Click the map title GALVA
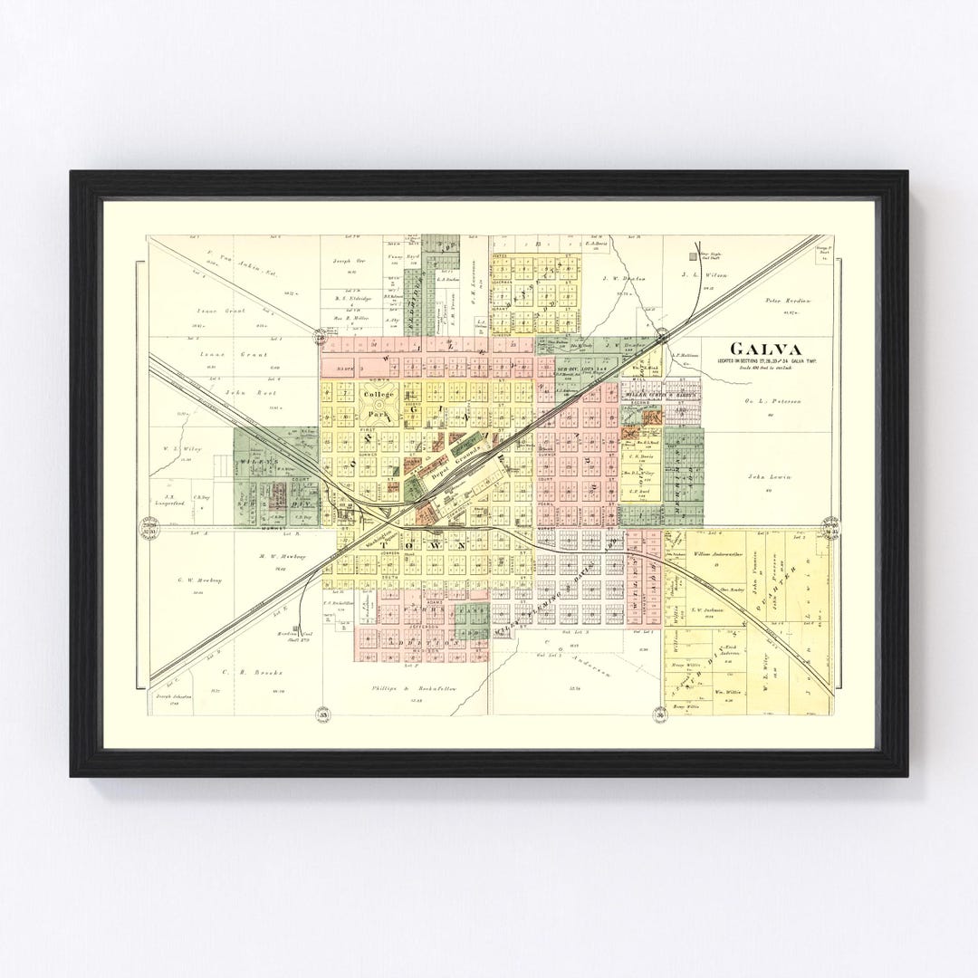pos(768,349)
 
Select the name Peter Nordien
pos(789,300)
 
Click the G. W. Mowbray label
pos(198,580)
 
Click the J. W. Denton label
pos(625,279)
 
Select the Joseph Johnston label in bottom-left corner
pos(175,697)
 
